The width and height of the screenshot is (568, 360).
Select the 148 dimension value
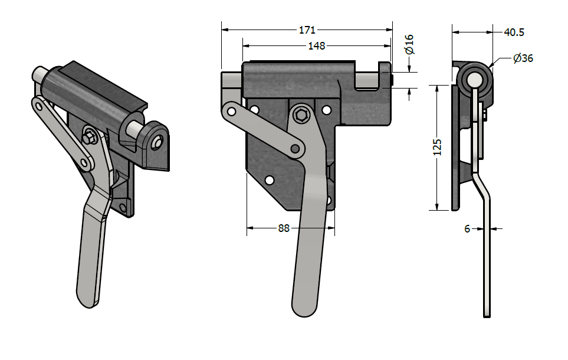(x=317, y=46)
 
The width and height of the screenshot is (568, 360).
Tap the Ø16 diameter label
(x=409, y=44)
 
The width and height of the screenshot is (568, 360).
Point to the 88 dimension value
(x=284, y=228)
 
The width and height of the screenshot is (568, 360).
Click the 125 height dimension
(x=437, y=147)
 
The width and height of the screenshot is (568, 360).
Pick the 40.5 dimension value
(x=514, y=32)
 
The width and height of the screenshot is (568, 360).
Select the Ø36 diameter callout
(x=523, y=58)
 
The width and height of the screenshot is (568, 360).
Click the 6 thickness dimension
(x=467, y=228)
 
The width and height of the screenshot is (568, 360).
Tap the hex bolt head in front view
(x=302, y=116)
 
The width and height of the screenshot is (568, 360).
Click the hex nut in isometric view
(x=89, y=138)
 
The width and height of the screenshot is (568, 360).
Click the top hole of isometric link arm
(x=39, y=106)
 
